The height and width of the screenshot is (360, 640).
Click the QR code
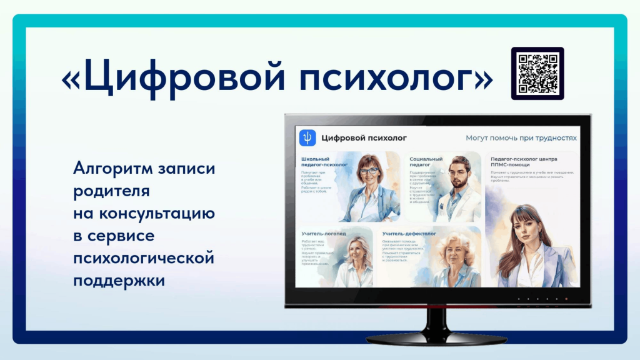click(537, 74)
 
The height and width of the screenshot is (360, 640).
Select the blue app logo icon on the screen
click(307, 137)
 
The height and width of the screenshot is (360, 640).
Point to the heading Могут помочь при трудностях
click(521, 137)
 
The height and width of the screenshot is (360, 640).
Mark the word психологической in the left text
click(144, 258)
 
